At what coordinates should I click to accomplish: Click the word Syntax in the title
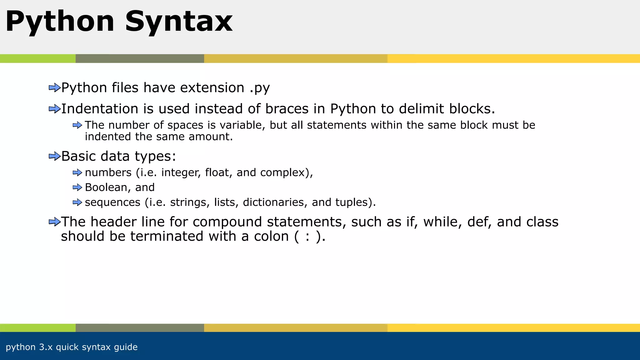pyautogui.click(x=179, y=22)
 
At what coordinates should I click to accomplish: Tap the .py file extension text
pyautogui.click(x=260, y=88)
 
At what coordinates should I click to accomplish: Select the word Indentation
pyautogui.click(x=99, y=109)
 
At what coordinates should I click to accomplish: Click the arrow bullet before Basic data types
pyautogui.click(x=54, y=156)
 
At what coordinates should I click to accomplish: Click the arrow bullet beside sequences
pyautogui.click(x=77, y=202)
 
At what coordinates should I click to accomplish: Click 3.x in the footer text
pyautogui.click(x=46, y=347)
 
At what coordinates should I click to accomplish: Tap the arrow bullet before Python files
pyautogui.click(x=54, y=88)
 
